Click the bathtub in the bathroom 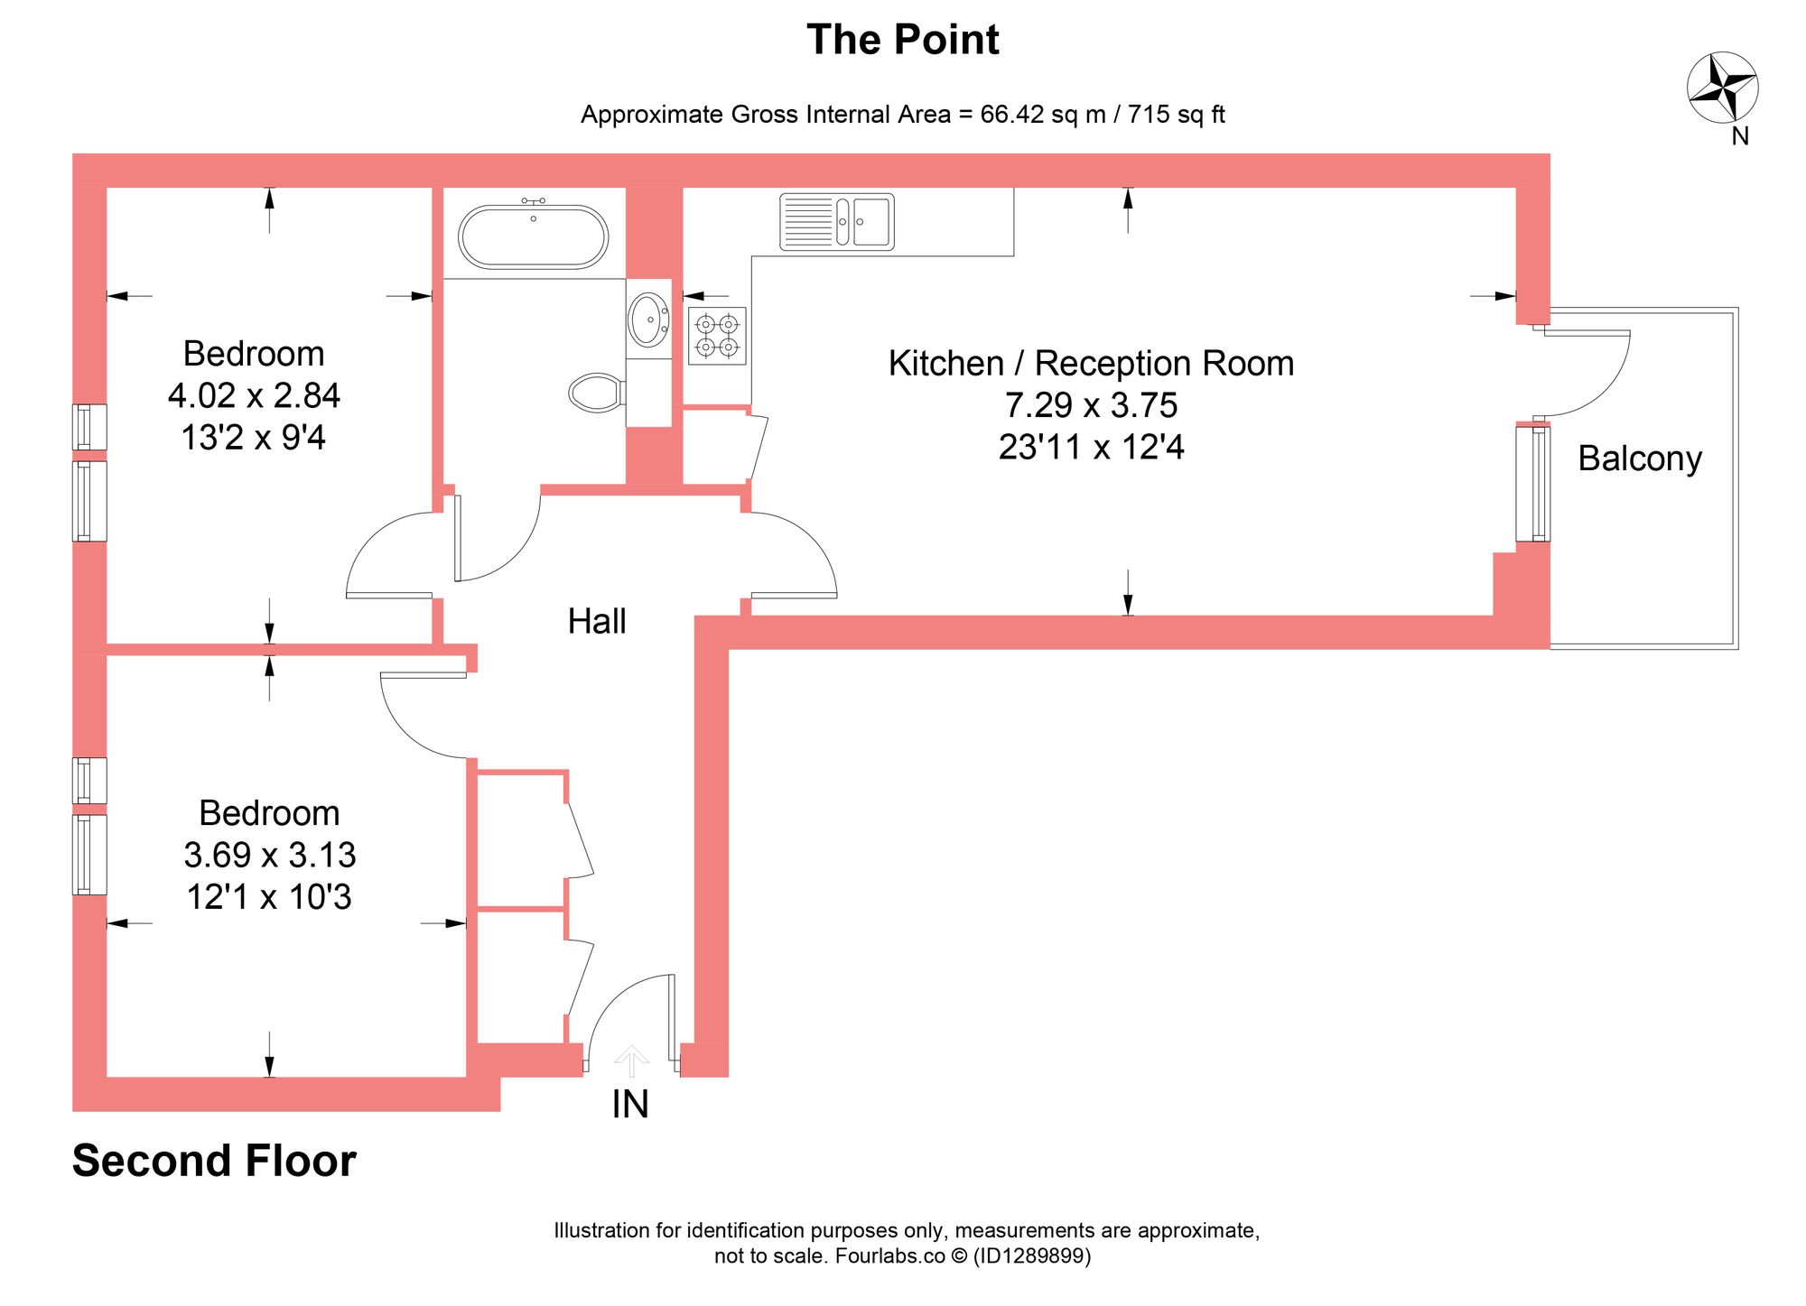pos(533,236)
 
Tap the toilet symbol pos(596,393)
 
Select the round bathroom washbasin pos(647,319)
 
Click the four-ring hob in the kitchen pos(717,336)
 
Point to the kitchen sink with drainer pos(836,221)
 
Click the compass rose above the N pos(1722,88)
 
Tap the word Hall pos(596,621)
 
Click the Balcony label pos(1639,458)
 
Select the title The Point pos(902,40)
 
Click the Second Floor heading pos(214,1161)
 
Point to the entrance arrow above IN pos(630,1060)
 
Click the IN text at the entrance pos(629,1105)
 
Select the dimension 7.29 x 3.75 pos(1090,405)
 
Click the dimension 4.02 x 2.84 pos(254,395)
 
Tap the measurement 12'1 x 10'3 pos(268,897)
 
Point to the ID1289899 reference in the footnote pos(1030,1256)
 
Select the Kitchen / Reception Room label pos(1090,363)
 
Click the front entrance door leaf pos(671,1017)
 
